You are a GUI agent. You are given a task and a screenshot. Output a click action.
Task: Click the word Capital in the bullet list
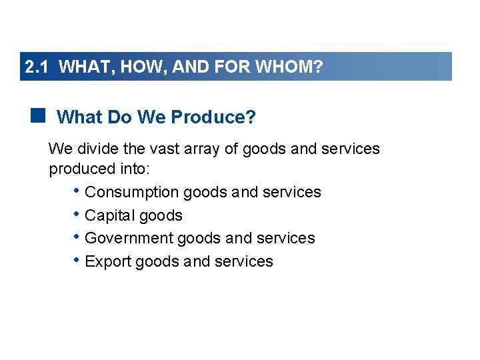click(109, 216)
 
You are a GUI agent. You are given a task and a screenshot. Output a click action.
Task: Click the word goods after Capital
click(160, 216)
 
